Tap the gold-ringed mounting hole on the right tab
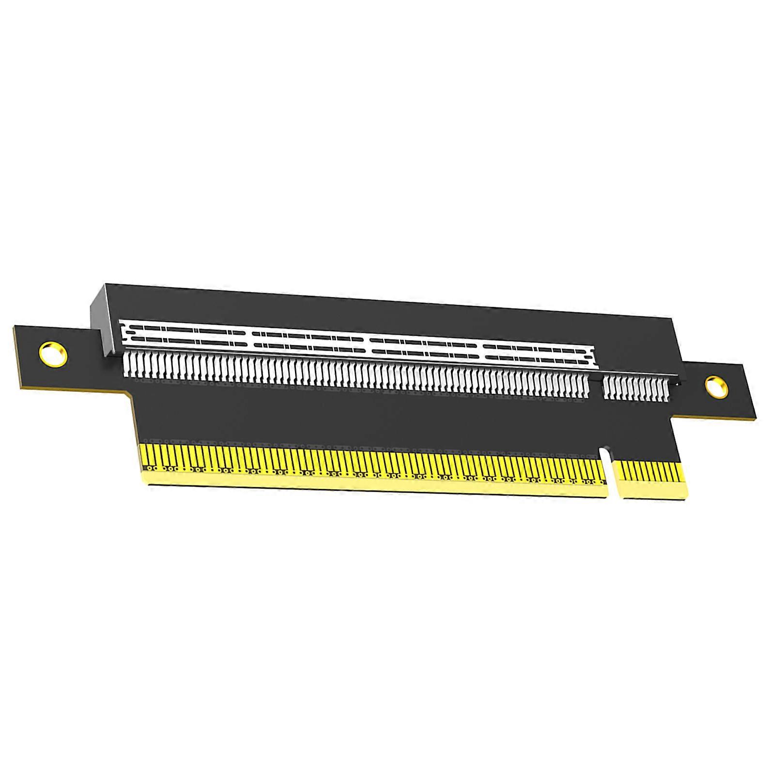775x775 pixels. click(716, 387)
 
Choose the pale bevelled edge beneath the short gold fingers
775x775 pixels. click(654, 495)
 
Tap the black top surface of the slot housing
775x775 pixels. click(387, 310)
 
